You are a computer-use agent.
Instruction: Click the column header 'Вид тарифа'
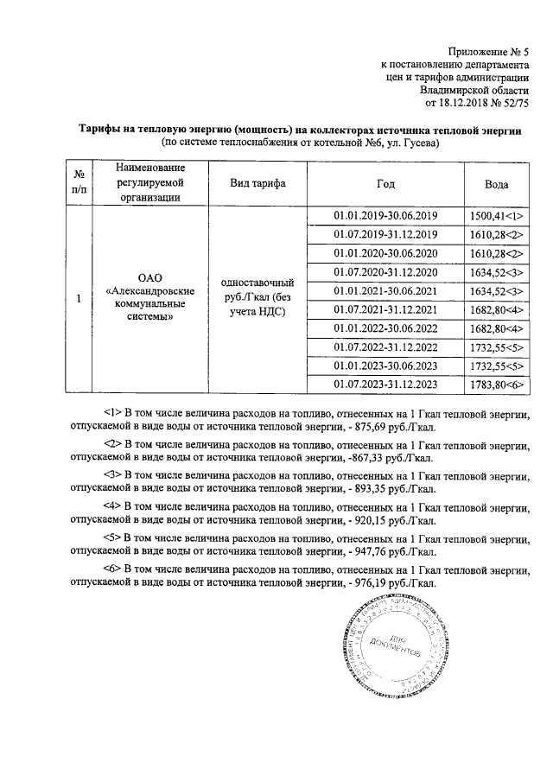[x=257, y=183]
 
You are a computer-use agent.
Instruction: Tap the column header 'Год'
[x=385, y=183]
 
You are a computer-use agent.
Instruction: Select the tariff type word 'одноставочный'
[x=257, y=283]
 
